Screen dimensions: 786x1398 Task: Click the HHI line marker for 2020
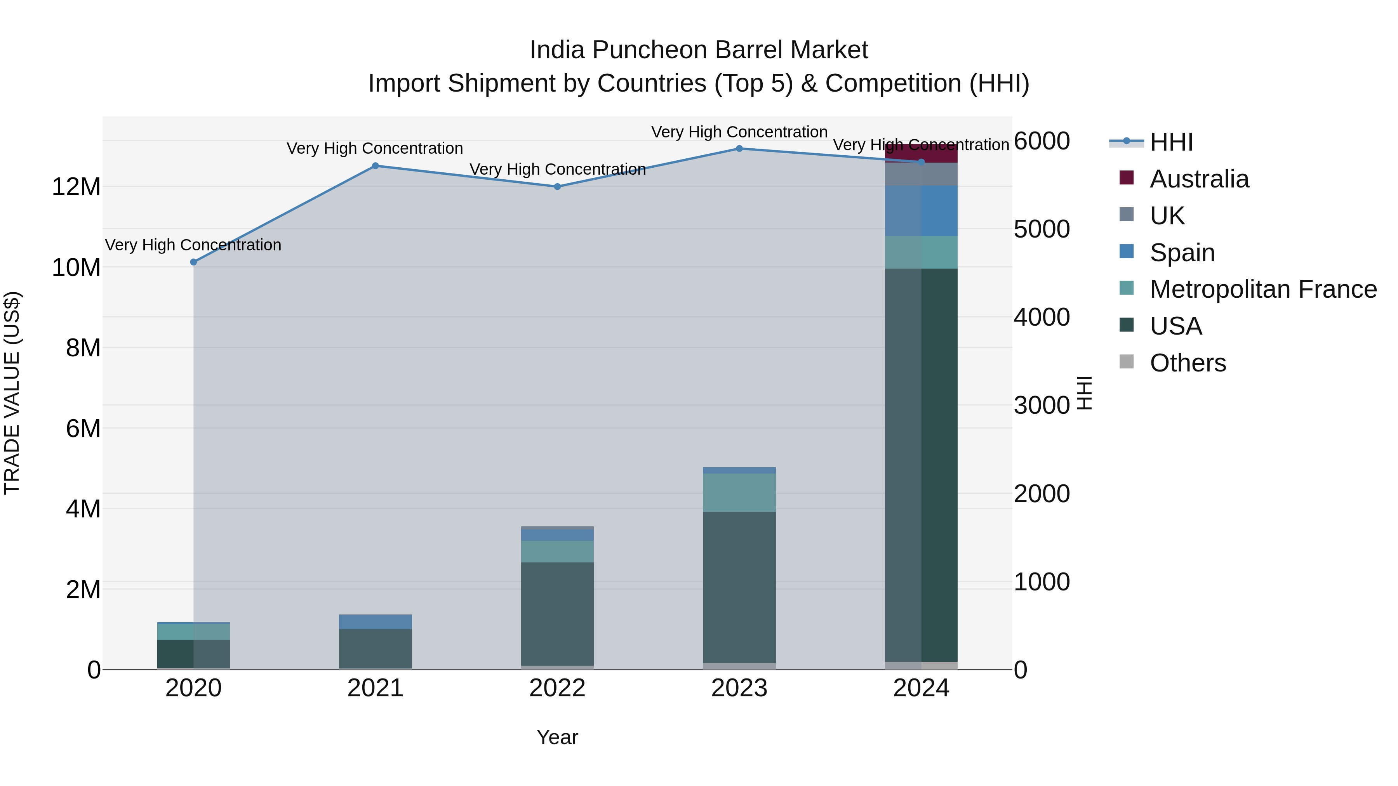coord(194,262)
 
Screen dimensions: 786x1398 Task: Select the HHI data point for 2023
coord(739,149)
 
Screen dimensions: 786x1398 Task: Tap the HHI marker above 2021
coord(375,166)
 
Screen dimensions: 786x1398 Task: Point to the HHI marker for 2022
coord(557,187)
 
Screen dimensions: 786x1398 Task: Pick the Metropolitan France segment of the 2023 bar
coord(739,493)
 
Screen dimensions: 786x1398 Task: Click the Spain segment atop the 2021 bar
coord(375,622)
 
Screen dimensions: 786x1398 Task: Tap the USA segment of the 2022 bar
coord(557,613)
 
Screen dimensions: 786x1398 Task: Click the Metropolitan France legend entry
coord(1263,289)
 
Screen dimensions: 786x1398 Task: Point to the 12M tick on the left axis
coord(76,187)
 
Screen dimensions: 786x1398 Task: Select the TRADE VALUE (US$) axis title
coord(12,393)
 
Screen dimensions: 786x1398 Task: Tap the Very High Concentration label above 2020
coord(193,245)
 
